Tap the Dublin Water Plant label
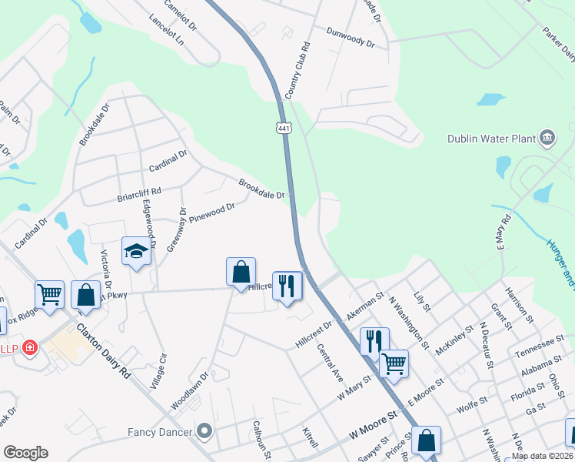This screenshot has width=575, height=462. [x=491, y=139]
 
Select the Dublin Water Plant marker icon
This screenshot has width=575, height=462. [x=547, y=138]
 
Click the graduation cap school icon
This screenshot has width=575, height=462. [x=136, y=252]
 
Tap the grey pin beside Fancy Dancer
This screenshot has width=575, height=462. [x=204, y=430]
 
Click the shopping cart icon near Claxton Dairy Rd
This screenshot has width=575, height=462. [x=49, y=294]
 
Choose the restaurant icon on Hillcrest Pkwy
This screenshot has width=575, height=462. [x=287, y=286]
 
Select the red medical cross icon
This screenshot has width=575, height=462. [x=30, y=348]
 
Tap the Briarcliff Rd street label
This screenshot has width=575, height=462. [x=139, y=194]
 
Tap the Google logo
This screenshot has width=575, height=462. [x=25, y=453]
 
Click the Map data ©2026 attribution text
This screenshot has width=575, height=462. [x=542, y=455]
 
